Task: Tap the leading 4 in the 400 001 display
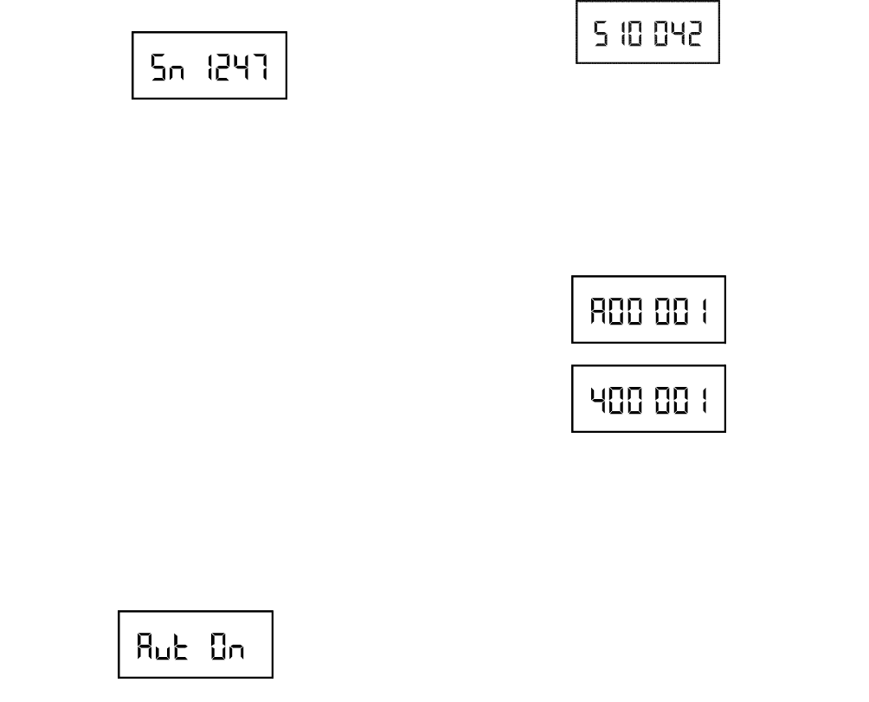(x=599, y=399)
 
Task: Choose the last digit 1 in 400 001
(x=702, y=399)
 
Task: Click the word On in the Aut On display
(x=223, y=645)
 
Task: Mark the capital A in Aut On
(x=144, y=645)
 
